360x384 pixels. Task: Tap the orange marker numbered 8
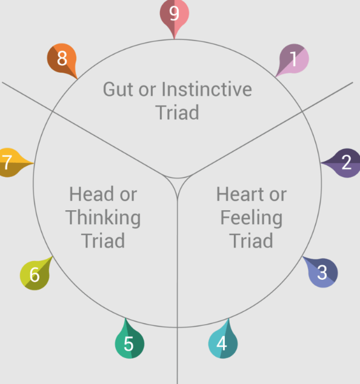[62, 60]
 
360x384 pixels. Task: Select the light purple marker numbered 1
[293, 60]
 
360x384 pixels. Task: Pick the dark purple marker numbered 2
[344, 163]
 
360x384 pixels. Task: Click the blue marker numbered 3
[322, 272]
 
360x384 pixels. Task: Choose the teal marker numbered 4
[223, 341]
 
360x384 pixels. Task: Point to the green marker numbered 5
[130, 341]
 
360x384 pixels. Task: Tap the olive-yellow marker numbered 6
[35, 274]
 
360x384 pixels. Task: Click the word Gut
[119, 90]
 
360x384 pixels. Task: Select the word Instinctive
[207, 89]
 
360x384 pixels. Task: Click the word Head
[91, 194]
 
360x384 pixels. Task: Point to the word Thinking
[103, 217]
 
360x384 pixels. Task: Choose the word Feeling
[252, 217]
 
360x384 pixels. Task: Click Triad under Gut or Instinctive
[177, 113]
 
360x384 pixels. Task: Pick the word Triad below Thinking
[103, 240]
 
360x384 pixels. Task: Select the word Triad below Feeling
[251, 240]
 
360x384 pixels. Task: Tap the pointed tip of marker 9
[174, 39]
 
